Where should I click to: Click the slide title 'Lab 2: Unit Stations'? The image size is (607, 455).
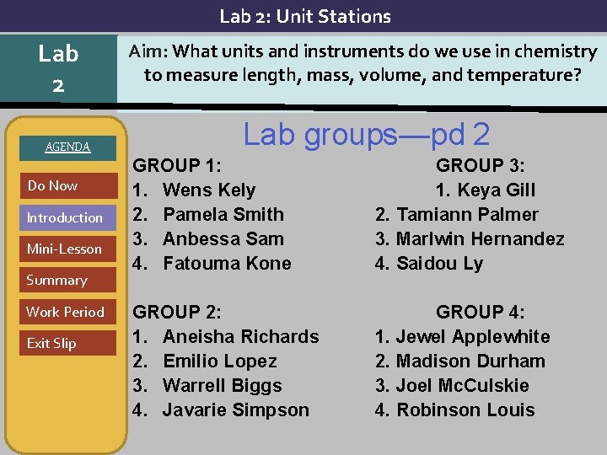[x=305, y=16]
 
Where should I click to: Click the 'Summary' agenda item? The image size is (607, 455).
[x=56, y=280]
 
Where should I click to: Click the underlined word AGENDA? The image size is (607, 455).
[x=67, y=147]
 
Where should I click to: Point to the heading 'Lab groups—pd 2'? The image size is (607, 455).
[x=367, y=134]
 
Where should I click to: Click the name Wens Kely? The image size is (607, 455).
[x=208, y=190]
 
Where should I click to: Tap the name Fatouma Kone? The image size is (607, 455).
[x=227, y=263]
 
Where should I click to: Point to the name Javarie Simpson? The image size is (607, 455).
[x=235, y=409]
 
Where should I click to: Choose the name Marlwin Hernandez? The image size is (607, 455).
[x=480, y=238]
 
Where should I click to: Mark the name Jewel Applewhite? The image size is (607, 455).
[x=473, y=336]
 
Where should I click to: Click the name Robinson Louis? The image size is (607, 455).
[x=465, y=409]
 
